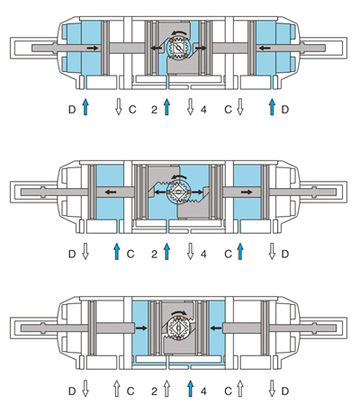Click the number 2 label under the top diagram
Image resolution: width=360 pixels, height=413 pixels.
pyautogui.click(x=154, y=110)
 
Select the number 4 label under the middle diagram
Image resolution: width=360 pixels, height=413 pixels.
pyautogui.click(x=203, y=255)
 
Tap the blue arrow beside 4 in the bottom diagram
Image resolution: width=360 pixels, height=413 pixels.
pyautogui.click(x=190, y=389)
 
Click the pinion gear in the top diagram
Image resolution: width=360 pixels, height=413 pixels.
pyautogui.click(x=178, y=48)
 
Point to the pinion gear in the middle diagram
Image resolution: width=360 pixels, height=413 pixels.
pyautogui.click(x=178, y=193)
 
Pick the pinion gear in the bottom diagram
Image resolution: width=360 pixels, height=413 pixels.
pyautogui.click(x=178, y=328)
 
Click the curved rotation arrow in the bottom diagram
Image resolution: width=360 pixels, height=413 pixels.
pyautogui.click(x=179, y=312)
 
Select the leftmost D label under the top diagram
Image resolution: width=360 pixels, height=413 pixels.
pyautogui.click(x=72, y=110)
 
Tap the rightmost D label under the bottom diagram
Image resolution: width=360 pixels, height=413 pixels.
pyautogui.click(x=285, y=391)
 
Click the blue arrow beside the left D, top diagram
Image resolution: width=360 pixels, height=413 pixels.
pyautogui.click(x=85, y=107)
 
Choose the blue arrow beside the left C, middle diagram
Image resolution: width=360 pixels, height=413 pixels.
pyautogui.click(x=117, y=251)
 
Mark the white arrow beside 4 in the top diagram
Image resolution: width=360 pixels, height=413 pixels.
pyautogui.click(x=190, y=107)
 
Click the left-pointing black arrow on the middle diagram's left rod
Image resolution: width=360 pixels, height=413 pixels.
pyautogui.click(x=111, y=192)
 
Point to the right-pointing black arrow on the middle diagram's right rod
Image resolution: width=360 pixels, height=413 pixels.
pyautogui.click(x=247, y=192)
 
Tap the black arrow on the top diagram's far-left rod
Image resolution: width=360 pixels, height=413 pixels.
pyautogui.click(x=93, y=48)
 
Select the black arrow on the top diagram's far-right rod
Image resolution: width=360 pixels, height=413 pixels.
pyautogui.click(x=265, y=48)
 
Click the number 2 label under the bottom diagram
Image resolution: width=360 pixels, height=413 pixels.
pyautogui.click(x=154, y=391)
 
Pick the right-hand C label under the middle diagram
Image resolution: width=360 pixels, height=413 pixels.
pyautogui.click(x=228, y=255)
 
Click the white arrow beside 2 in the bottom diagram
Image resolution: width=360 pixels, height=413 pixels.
pyautogui.click(x=166, y=389)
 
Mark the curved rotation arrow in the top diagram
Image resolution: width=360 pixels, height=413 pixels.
pyautogui.click(x=179, y=32)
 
